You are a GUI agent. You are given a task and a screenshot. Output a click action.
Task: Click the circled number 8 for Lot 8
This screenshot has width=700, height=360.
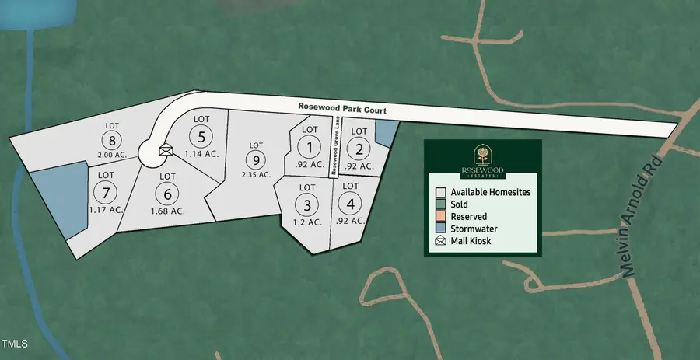pos(113,141)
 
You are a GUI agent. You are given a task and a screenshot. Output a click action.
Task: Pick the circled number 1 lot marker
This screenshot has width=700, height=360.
pos(310,147)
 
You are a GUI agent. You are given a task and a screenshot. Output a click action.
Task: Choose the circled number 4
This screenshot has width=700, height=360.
pos(351,204)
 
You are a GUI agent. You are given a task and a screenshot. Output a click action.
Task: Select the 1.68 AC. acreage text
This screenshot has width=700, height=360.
pos(166,211)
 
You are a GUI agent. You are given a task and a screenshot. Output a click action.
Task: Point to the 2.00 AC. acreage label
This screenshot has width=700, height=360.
pos(113,156)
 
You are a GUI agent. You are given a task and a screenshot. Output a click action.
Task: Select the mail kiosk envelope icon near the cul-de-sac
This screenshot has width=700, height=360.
pos(165,150)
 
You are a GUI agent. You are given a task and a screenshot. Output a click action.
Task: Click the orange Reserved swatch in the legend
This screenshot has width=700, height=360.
pos(440,216)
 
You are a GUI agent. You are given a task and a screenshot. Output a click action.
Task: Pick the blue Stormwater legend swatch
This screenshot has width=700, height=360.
pos(440,229)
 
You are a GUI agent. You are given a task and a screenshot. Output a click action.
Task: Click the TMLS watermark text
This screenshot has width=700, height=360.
pos(15,343)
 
